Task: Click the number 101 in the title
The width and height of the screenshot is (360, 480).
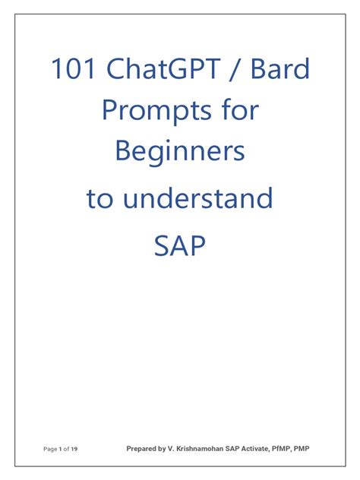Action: (x=73, y=68)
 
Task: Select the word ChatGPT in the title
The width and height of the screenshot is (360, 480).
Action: (x=163, y=68)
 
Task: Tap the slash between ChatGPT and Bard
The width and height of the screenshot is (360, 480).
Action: (x=235, y=69)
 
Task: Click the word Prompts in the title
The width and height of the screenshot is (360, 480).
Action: (x=156, y=111)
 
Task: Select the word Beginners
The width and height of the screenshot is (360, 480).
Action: (x=180, y=152)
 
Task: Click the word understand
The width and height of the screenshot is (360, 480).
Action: (x=197, y=197)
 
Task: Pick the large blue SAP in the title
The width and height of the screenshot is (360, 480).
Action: (x=179, y=245)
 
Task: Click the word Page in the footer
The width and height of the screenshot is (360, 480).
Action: (x=50, y=449)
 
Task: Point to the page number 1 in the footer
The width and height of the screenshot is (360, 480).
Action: (x=60, y=449)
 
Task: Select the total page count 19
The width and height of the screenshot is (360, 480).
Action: (x=74, y=449)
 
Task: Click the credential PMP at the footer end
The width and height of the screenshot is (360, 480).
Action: (x=302, y=449)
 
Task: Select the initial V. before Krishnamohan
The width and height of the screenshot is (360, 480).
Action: (x=171, y=449)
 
